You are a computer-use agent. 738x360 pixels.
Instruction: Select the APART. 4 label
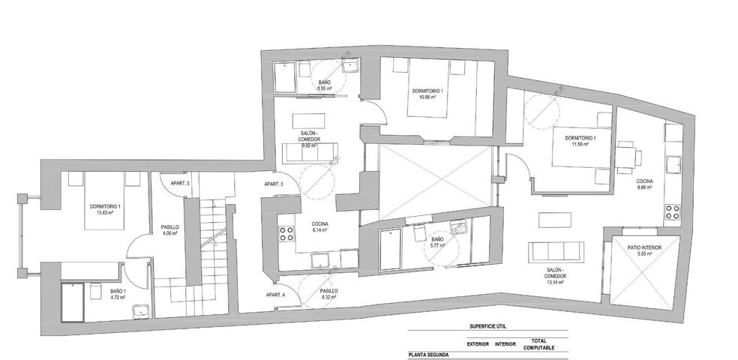tap(274, 295)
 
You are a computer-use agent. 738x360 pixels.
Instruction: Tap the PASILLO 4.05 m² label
tap(169, 229)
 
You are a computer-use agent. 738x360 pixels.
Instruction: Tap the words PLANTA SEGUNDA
tap(428, 355)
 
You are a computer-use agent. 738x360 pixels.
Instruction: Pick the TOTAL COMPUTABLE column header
tap(538, 343)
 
